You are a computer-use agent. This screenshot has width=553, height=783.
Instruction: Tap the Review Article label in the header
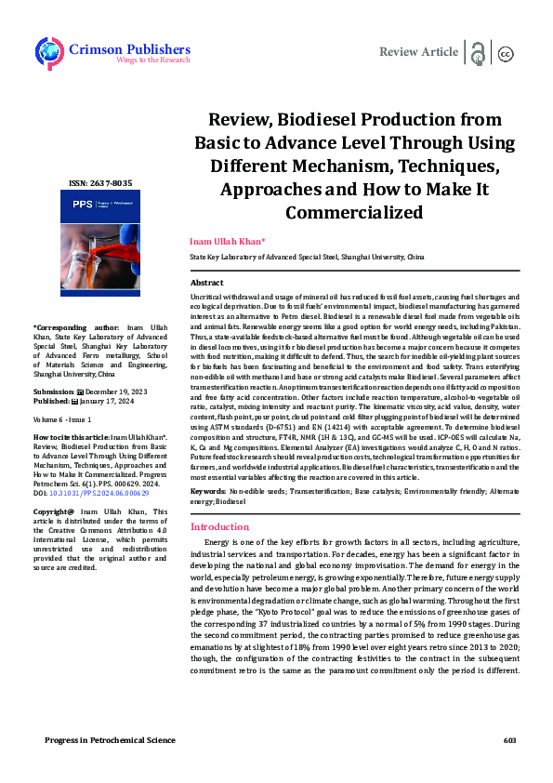419,52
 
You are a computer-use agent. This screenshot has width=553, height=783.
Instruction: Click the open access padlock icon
478,52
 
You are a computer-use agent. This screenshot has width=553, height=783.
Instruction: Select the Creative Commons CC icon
507,54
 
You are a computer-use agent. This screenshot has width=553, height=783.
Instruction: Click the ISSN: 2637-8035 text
86,183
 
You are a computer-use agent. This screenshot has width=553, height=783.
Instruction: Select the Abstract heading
206,282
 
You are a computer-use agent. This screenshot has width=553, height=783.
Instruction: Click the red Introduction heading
219,526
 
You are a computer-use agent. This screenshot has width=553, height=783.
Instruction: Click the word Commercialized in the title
354,213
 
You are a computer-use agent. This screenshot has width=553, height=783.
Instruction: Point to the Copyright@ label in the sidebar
54,511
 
